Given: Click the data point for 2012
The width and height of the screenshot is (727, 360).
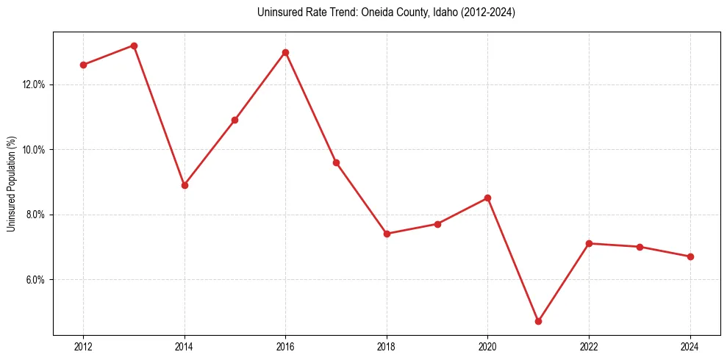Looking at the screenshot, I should [x=83, y=65].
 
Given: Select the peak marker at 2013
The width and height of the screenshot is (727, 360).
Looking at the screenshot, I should [x=134, y=46].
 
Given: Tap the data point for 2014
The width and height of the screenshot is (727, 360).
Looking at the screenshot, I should [x=185, y=185].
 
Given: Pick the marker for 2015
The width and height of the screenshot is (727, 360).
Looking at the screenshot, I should [x=234, y=120].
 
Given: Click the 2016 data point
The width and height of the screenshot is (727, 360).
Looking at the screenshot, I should [x=285, y=52].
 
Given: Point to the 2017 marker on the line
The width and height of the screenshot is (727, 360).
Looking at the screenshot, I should [x=336, y=162].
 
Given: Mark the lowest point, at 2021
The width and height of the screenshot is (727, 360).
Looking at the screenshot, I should [x=538, y=321].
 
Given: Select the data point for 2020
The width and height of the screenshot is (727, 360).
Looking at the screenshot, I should [x=487, y=198].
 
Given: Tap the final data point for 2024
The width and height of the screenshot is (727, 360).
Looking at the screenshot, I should [x=690, y=256].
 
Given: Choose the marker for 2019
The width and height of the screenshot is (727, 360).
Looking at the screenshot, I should [x=437, y=224].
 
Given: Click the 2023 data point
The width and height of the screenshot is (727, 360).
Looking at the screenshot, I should [x=640, y=247].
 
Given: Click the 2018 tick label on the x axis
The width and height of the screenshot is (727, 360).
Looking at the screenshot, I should [x=387, y=346].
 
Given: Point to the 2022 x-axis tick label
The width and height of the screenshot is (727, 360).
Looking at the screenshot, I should [x=589, y=346].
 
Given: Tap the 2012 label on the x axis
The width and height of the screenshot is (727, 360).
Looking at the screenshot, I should [x=83, y=346].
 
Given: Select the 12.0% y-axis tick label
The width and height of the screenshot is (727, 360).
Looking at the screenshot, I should [x=34, y=84].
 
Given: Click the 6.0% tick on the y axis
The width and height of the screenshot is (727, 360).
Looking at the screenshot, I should [x=35, y=280].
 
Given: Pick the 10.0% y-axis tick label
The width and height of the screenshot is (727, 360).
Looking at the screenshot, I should [x=34, y=150].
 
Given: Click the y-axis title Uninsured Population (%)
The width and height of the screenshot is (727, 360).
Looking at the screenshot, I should [x=11, y=183].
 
